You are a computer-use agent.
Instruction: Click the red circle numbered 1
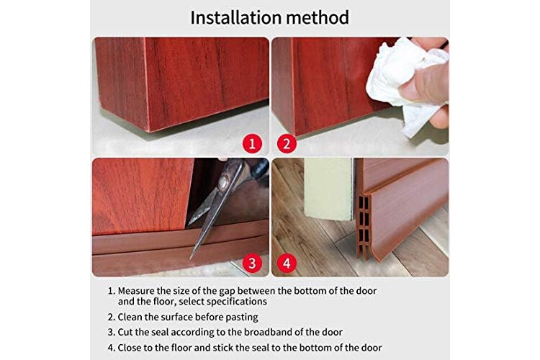[x=253, y=143]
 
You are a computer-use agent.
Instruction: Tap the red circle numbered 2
[x=287, y=143]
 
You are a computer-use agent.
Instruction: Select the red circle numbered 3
[x=253, y=264]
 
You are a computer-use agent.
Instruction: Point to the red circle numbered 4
[x=287, y=264]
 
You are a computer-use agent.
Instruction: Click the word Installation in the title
[x=230, y=17]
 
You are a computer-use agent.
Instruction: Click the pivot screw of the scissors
[x=224, y=181]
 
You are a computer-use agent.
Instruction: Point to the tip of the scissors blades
[x=191, y=258]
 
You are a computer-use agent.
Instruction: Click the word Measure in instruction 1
[x=136, y=291]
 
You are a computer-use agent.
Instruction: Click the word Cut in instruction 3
[x=125, y=333]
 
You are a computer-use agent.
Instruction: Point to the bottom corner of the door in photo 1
[x=149, y=131]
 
